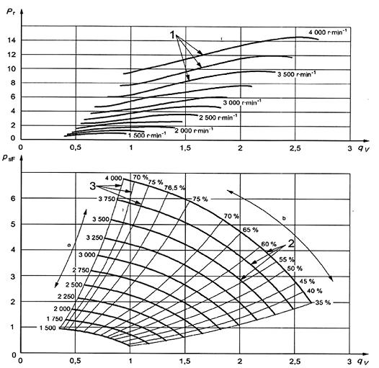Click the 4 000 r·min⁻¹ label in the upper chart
click(x=328, y=32)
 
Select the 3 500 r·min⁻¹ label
click(x=296, y=74)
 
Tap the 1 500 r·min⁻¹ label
click(x=147, y=135)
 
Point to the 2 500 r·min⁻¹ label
click(x=218, y=117)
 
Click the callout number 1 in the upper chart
click(x=172, y=35)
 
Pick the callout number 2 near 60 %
click(x=291, y=243)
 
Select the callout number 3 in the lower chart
click(x=92, y=187)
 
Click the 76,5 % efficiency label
click(x=174, y=187)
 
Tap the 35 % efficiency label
click(x=323, y=302)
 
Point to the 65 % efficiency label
click(x=251, y=230)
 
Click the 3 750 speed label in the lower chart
click(x=107, y=199)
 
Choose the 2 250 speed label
click(x=66, y=296)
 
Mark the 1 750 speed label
click(x=55, y=319)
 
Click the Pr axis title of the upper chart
click(x=10, y=12)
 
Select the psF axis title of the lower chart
click(x=8, y=158)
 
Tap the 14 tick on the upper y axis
click(x=12, y=40)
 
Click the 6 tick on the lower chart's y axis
click(x=13, y=198)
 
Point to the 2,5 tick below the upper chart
click(x=295, y=148)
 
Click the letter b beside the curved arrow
click(x=284, y=218)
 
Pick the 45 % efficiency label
click(x=307, y=282)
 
